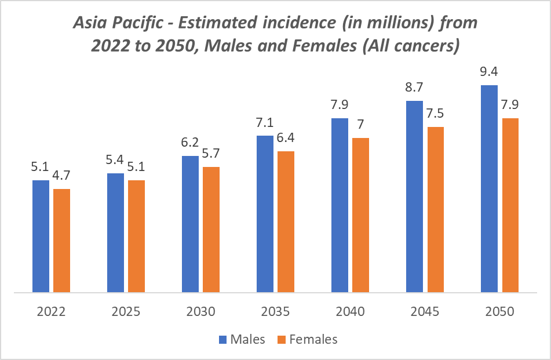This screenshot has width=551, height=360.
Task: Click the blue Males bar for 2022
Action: (x=41, y=236)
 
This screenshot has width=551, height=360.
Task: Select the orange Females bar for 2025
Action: (x=136, y=236)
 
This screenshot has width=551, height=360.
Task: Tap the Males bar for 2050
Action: (x=490, y=188)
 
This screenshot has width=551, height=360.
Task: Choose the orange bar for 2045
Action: (x=435, y=209)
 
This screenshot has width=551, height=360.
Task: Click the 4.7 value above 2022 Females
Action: (x=61, y=176)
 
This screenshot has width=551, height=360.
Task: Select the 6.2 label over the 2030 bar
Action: (x=190, y=143)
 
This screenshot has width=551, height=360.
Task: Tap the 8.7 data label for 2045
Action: (x=415, y=88)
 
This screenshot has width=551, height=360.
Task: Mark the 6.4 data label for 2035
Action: (x=286, y=139)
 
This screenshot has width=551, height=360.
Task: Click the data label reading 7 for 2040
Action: (x=360, y=125)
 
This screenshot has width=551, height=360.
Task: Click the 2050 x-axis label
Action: (x=499, y=311)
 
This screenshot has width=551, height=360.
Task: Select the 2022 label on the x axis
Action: (x=51, y=311)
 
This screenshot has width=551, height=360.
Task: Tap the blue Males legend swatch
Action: (x=223, y=340)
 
